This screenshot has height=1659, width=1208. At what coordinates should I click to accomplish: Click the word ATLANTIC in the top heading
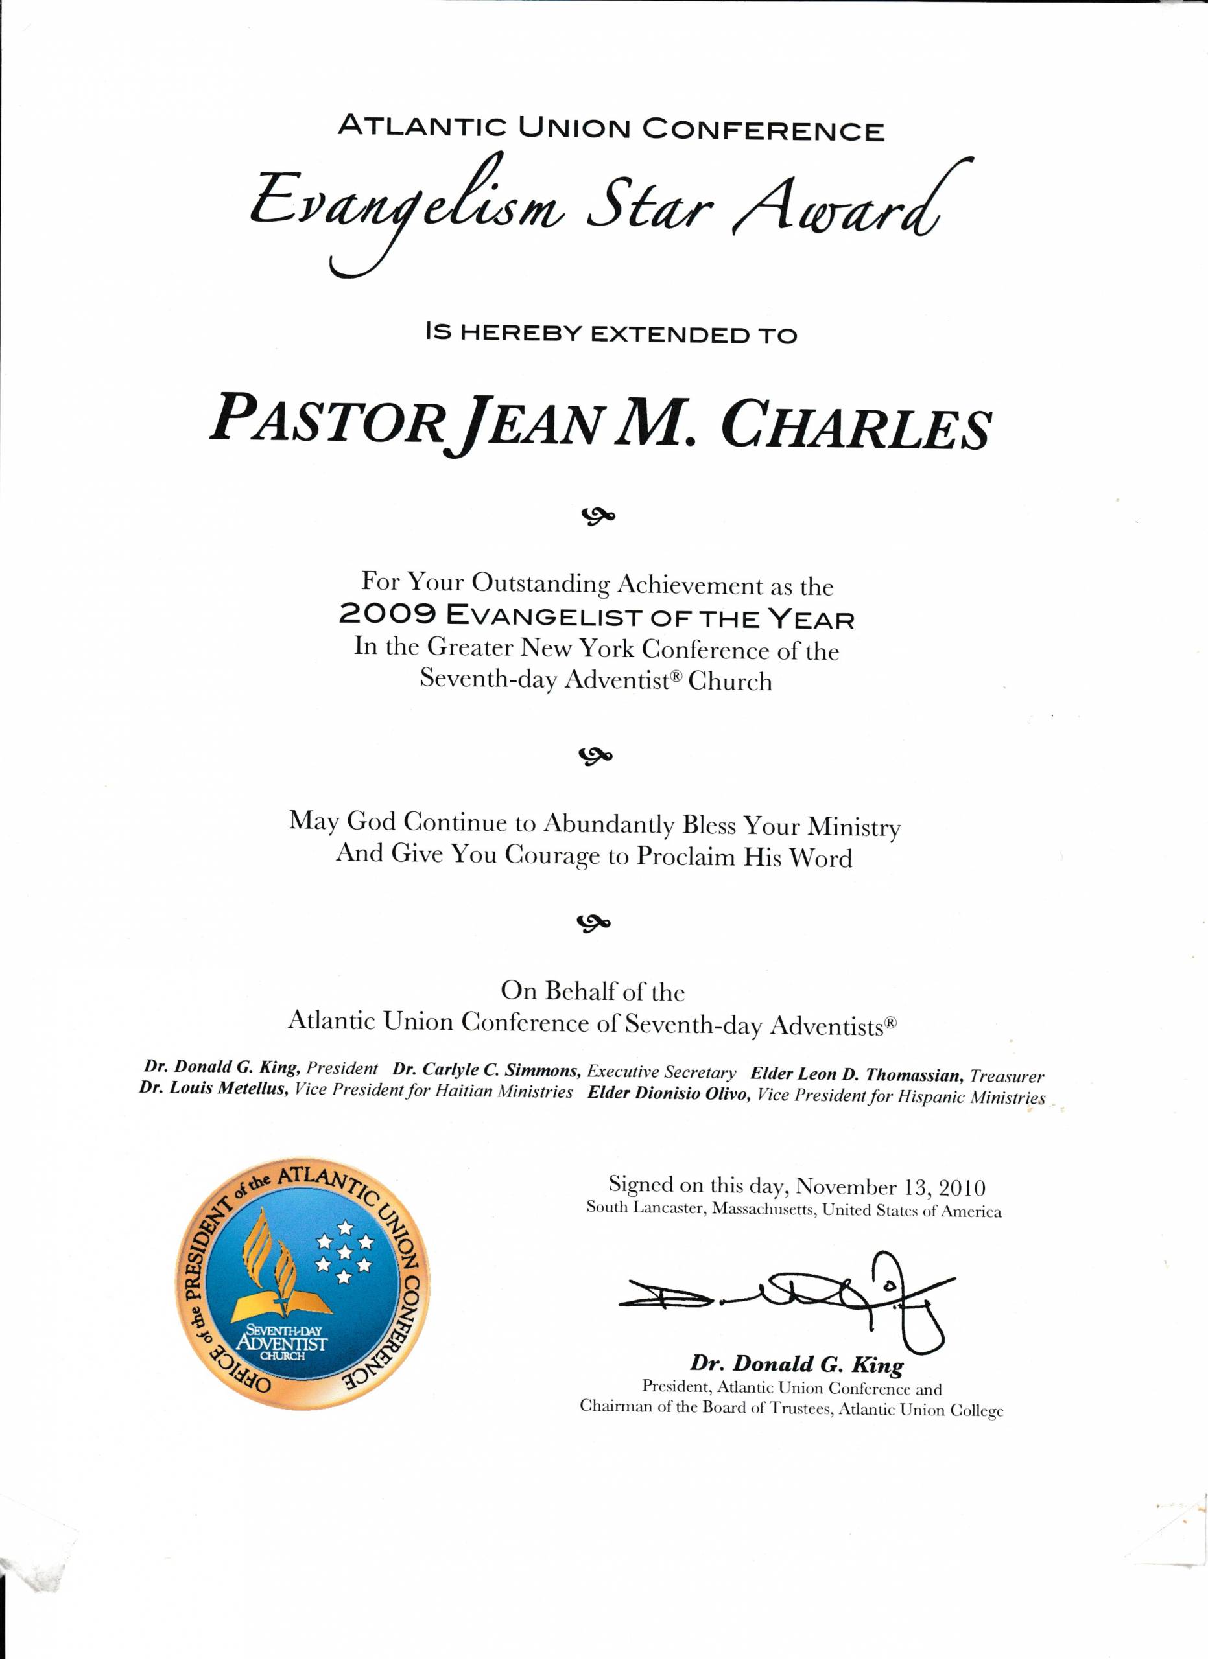click(421, 127)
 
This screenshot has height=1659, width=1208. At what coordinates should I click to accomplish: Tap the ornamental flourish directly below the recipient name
click(598, 517)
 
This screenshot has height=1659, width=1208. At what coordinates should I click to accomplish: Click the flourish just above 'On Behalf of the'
click(595, 924)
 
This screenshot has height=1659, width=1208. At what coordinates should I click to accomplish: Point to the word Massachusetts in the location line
click(764, 1209)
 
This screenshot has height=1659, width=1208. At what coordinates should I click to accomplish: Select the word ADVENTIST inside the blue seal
click(281, 1342)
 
